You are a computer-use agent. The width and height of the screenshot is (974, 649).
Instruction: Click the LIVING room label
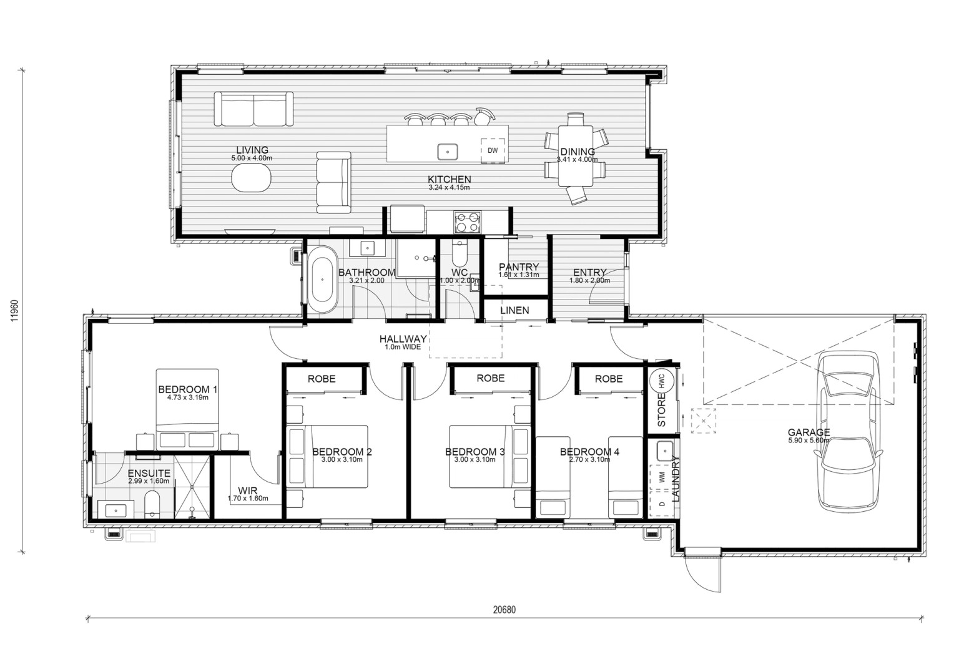[252, 150]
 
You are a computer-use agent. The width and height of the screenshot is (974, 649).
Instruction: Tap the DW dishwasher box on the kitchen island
[493, 150]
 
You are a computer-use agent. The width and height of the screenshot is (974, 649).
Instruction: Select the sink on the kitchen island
[448, 152]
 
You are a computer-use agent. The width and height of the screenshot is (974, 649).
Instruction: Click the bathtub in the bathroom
[322, 280]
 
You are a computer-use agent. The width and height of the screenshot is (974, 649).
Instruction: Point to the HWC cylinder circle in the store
[662, 381]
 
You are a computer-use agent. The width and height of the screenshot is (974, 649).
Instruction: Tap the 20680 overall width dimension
[504, 610]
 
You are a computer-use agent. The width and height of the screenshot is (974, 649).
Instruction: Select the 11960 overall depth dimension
[15, 310]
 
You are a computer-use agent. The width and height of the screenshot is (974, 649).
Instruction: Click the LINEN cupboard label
[514, 310]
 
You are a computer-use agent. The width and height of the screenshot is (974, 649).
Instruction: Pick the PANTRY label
[519, 266]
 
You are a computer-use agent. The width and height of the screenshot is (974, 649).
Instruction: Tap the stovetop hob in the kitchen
[468, 222]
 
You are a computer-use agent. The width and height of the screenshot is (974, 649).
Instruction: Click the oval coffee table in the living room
[252, 177]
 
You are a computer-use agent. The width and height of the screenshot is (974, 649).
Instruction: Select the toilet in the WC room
[459, 253]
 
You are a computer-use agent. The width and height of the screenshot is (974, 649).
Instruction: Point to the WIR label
[247, 490]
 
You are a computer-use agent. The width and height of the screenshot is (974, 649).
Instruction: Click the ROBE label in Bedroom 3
[491, 378]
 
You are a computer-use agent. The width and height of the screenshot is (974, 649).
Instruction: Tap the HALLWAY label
[403, 339]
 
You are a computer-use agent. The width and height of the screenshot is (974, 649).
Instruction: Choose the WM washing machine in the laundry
[662, 477]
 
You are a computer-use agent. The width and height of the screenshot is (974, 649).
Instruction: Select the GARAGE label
[809, 432]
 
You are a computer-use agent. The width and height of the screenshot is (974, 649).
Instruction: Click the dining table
[576, 156]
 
